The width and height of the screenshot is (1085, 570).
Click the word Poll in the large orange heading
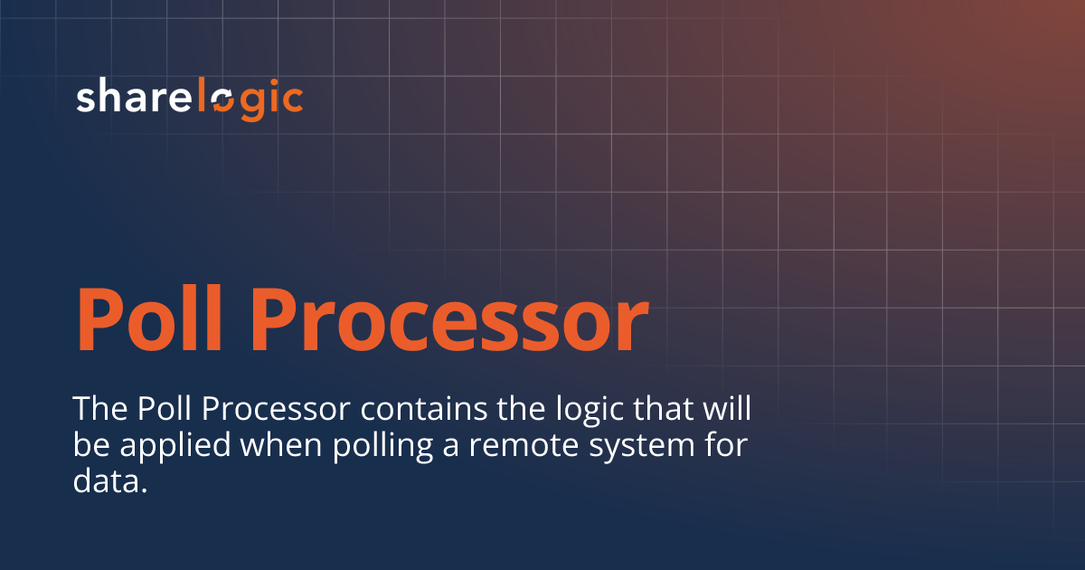(x=150, y=318)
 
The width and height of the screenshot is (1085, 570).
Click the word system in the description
(x=637, y=447)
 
